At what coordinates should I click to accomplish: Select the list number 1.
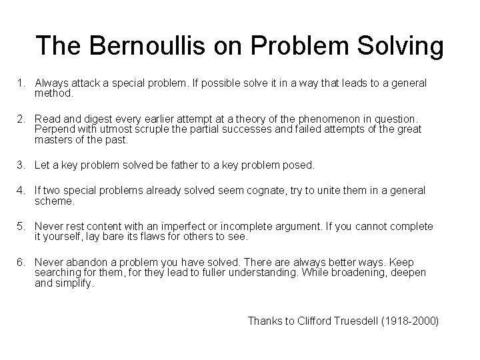21,83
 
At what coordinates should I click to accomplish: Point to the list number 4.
21,191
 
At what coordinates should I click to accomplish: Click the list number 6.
21,263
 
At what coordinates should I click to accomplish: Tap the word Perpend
53,129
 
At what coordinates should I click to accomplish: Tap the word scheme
55,201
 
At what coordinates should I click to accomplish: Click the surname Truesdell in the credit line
363,321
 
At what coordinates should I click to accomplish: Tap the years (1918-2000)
415,321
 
